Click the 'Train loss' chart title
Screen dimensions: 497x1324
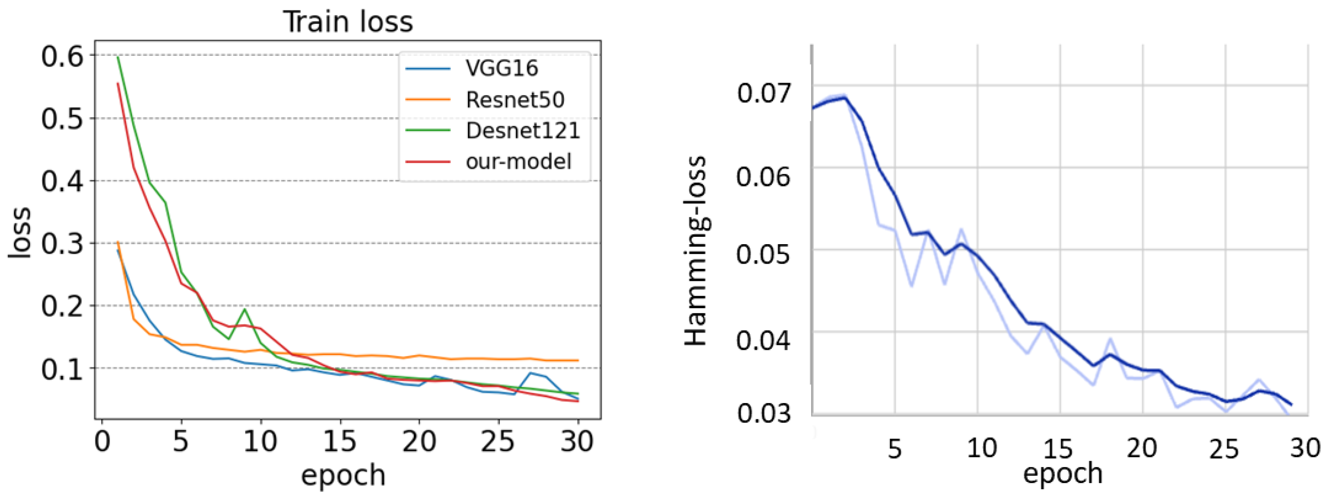pyautogui.click(x=348, y=22)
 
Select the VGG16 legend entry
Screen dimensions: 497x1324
pyautogui.click(x=501, y=68)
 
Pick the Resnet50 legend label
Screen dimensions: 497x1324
pyautogui.click(x=515, y=100)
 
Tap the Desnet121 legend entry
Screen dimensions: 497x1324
pyautogui.click(x=522, y=131)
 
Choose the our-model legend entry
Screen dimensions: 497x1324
pyautogui.click(x=518, y=161)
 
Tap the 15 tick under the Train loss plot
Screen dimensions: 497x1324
pyautogui.click(x=340, y=441)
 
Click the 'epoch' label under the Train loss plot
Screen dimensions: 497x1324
pyautogui.click(x=343, y=475)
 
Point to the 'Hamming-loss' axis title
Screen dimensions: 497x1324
pyautogui.click(x=697, y=251)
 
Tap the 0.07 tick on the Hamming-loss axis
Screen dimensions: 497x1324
pyautogui.click(x=764, y=93)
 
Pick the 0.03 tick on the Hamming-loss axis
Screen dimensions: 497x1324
pyautogui.click(x=764, y=413)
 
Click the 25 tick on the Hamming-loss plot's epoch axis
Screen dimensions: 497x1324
pyautogui.click(x=1223, y=449)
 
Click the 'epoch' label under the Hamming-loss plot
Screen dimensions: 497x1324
pyautogui.click(x=1063, y=473)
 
